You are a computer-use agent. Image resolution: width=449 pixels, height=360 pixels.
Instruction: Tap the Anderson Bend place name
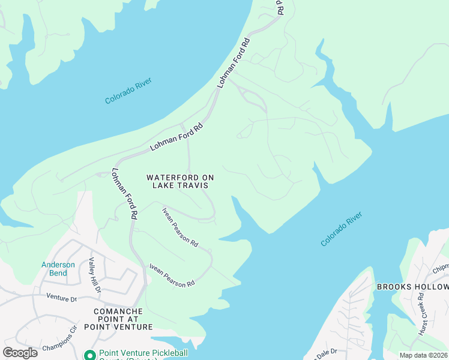tap(58, 269)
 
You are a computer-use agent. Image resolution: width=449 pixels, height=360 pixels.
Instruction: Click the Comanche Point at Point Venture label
tap(123, 319)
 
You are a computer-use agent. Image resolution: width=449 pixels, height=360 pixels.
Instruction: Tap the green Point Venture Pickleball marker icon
tap(90, 355)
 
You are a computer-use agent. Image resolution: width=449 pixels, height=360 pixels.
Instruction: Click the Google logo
tap(20, 352)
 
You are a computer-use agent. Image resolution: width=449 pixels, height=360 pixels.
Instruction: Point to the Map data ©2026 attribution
tap(423, 355)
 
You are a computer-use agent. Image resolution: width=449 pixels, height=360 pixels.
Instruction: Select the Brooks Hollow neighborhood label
tap(412, 287)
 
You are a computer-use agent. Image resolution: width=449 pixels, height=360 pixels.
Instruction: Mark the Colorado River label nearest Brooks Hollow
tap(342, 229)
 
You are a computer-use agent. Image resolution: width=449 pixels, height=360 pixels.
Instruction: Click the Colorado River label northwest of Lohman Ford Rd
tap(128, 91)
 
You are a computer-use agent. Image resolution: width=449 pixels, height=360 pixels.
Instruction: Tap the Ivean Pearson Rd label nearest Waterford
tap(180, 227)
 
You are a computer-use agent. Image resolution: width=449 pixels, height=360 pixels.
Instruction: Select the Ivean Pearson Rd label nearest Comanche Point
tap(172, 275)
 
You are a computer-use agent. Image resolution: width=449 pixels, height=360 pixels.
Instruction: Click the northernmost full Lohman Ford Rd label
tap(234, 63)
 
